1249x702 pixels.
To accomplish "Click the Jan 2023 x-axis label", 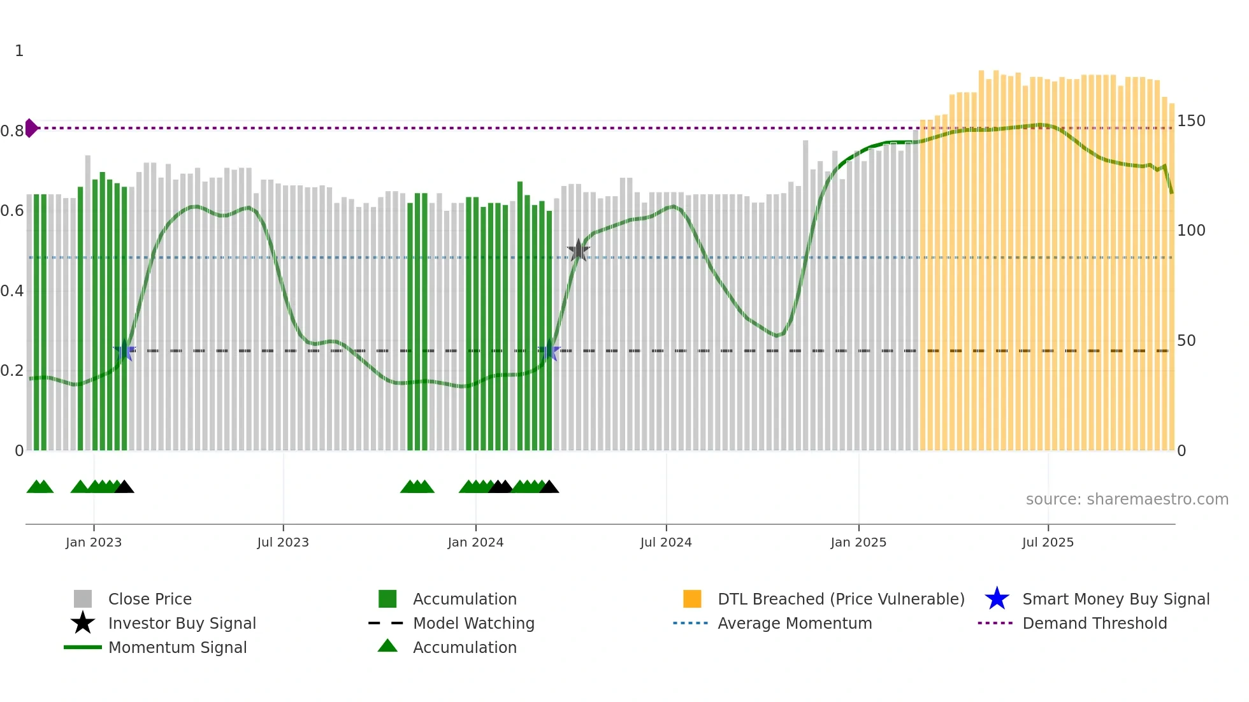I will (x=94, y=542).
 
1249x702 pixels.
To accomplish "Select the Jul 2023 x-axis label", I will (x=283, y=542).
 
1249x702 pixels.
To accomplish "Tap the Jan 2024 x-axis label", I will (x=475, y=542).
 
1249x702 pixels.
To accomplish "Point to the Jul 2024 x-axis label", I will (x=666, y=542).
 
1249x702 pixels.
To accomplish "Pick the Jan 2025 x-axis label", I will (x=858, y=542).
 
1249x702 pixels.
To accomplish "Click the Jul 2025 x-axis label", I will (x=1048, y=542).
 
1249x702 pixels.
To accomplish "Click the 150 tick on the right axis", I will (x=1191, y=121).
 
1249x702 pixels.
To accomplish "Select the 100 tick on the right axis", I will (x=1191, y=231).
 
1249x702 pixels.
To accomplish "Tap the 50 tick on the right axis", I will (x=1187, y=341).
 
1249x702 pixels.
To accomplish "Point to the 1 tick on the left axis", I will (x=19, y=51).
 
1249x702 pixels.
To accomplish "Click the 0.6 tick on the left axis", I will (x=12, y=211).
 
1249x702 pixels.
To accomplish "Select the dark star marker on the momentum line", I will (x=578, y=250).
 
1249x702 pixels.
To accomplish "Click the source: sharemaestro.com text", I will (x=1127, y=499).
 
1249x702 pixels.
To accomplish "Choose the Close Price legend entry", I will (x=150, y=599).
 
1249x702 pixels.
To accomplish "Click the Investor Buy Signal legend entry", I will (x=182, y=623).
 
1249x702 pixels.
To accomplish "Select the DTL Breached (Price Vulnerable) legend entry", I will (x=841, y=599).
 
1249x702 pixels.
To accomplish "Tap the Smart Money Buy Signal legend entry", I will (x=1115, y=599).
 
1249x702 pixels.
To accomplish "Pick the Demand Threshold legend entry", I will (x=1094, y=623).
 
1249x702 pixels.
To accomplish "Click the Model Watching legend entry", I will (x=473, y=623).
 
